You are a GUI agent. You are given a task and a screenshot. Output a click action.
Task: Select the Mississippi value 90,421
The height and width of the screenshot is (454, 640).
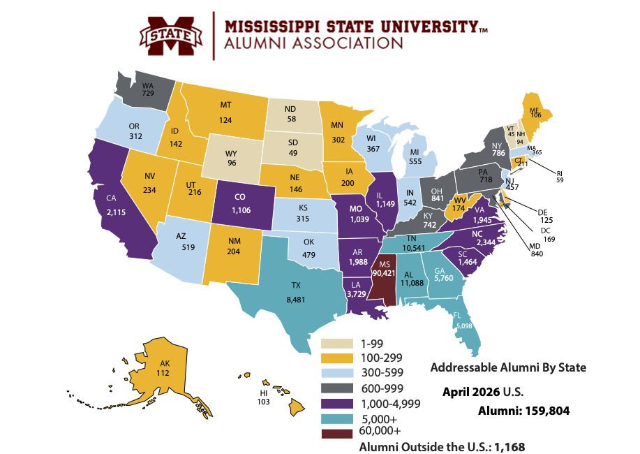coord(384,273)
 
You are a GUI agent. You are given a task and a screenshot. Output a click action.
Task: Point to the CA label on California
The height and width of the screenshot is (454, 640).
coord(110,198)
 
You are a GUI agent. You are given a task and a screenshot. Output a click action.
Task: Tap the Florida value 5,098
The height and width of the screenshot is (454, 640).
coord(464,325)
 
